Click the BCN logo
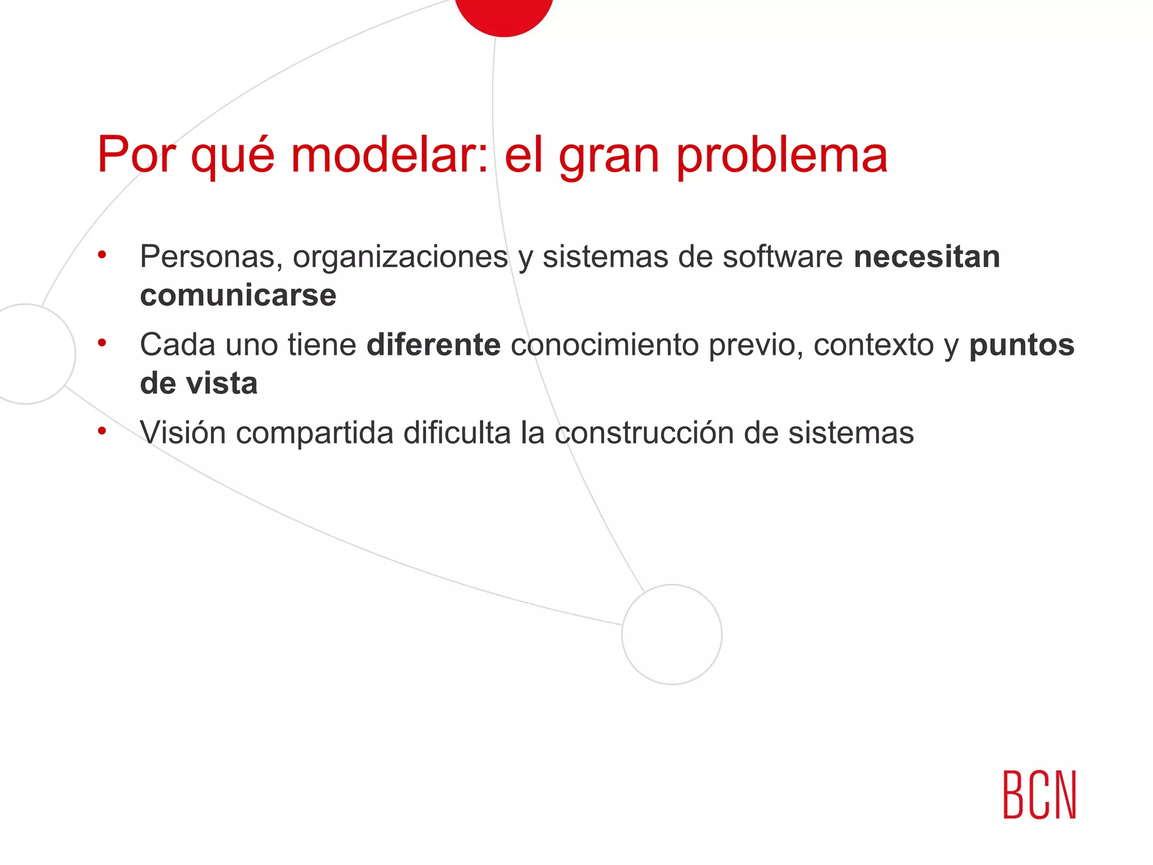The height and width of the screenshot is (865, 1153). [1039, 795]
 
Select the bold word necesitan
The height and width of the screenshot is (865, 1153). [927, 257]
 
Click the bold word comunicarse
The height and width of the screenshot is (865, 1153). [238, 295]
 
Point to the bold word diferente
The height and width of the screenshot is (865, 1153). [434, 345]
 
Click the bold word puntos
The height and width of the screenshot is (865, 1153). [1021, 345]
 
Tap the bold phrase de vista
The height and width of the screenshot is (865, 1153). [199, 384]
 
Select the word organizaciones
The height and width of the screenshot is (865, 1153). [400, 257]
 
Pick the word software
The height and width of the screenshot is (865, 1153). [783, 257]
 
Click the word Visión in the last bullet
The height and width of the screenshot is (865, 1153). [183, 432]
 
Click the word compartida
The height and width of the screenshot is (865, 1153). [314, 432]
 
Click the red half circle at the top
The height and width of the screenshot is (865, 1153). [504, 14]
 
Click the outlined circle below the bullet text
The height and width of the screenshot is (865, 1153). [672, 635]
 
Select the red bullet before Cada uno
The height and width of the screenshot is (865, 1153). [102, 343]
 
